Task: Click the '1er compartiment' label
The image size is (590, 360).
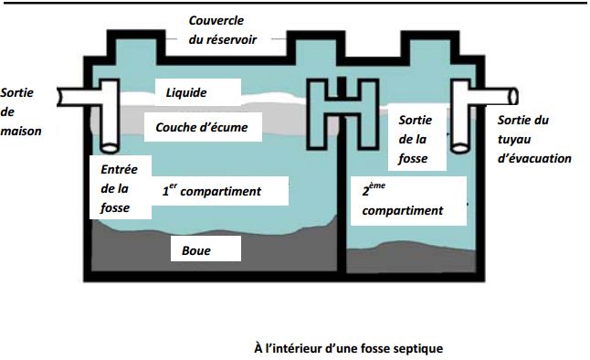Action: tap(211, 191)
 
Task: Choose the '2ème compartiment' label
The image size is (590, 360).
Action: tap(402, 201)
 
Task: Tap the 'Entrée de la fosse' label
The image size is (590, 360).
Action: tap(116, 186)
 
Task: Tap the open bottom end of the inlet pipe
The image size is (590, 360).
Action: tap(111, 147)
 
